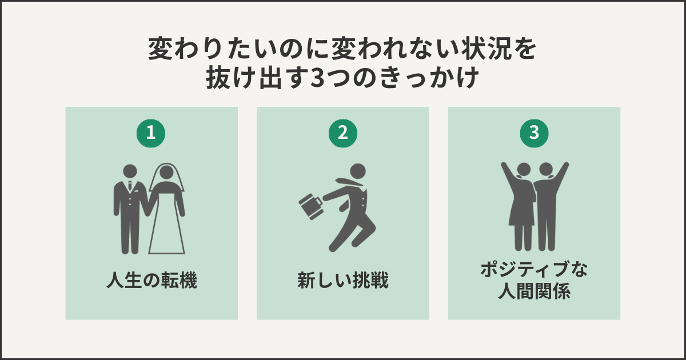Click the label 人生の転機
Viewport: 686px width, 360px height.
[151, 281]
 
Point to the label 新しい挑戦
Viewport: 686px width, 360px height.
[343, 281]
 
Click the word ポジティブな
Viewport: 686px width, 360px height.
[534, 270]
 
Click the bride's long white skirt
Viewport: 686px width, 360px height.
[167, 229]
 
